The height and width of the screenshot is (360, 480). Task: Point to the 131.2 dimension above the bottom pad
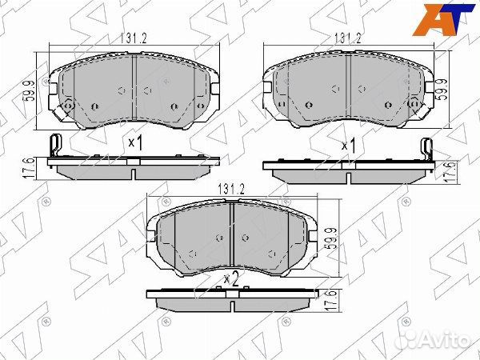231,190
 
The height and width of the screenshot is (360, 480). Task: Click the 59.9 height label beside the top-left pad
30,91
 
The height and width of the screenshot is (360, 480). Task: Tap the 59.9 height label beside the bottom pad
332,238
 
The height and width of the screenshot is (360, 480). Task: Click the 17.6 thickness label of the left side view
27,168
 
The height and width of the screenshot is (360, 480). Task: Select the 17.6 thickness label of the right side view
450,172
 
